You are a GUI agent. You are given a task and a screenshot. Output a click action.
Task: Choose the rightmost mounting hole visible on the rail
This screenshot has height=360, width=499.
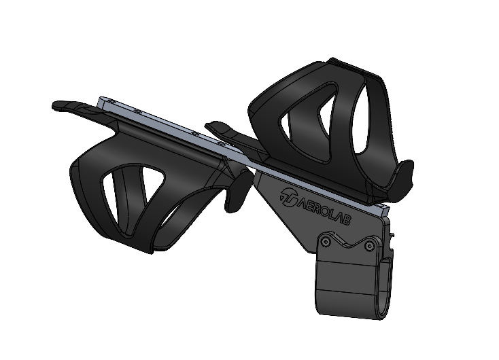pos(221,145)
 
